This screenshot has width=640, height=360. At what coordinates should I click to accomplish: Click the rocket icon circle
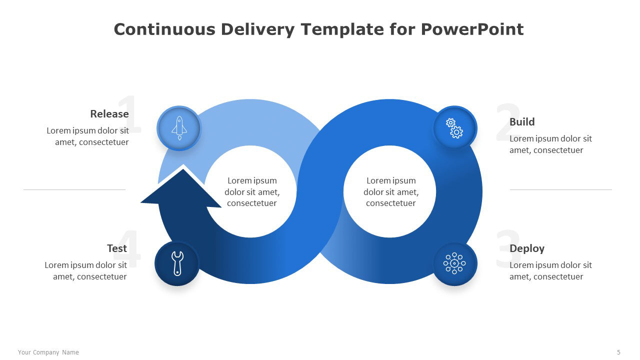click(x=179, y=128)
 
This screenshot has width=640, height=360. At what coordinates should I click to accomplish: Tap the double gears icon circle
click(x=455, y=127)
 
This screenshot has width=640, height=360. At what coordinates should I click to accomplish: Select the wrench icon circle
click(x=177, y=263)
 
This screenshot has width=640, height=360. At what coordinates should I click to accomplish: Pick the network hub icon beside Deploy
click(x=454, y=263)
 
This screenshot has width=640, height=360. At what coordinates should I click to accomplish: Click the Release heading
click(x=109, y=114)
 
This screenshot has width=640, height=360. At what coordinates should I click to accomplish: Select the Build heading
click(x=522, y=122)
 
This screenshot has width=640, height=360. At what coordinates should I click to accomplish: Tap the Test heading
click(x=117, y=248)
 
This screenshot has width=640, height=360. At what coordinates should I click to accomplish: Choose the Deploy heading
click(x=527, y=249)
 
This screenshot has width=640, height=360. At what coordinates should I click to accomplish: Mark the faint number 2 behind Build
click(x=508, y=122)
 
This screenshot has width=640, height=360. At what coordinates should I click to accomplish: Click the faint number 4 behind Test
click(x=129, y=248)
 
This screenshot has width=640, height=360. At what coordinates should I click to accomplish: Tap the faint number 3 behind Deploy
click(x=508, y=248)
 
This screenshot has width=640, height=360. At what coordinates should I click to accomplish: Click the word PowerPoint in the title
click(x=472, y=29)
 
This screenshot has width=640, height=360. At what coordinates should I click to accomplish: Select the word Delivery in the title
click(x=257, y=29)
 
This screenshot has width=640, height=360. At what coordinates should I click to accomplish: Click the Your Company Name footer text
click(x=48, y=352)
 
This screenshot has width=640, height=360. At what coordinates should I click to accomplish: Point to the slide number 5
click(x=618, y=352)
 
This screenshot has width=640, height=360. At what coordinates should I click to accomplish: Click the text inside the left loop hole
click(x=252, y=191)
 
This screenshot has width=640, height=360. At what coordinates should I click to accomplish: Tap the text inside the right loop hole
click(x=391, y=191)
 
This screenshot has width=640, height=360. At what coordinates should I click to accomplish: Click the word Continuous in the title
click(x=164, y=29)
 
